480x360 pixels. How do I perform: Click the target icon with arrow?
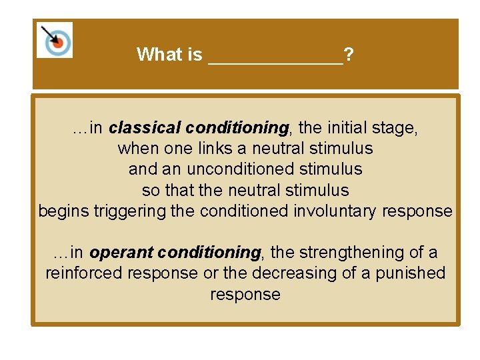[x=54, y=40]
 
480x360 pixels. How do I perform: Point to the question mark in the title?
[x=349, y=55]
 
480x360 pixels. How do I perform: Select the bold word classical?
[x=145, y=127]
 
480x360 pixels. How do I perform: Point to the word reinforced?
[x=85, y=273]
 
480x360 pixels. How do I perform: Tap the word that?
[x=179, y=190]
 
